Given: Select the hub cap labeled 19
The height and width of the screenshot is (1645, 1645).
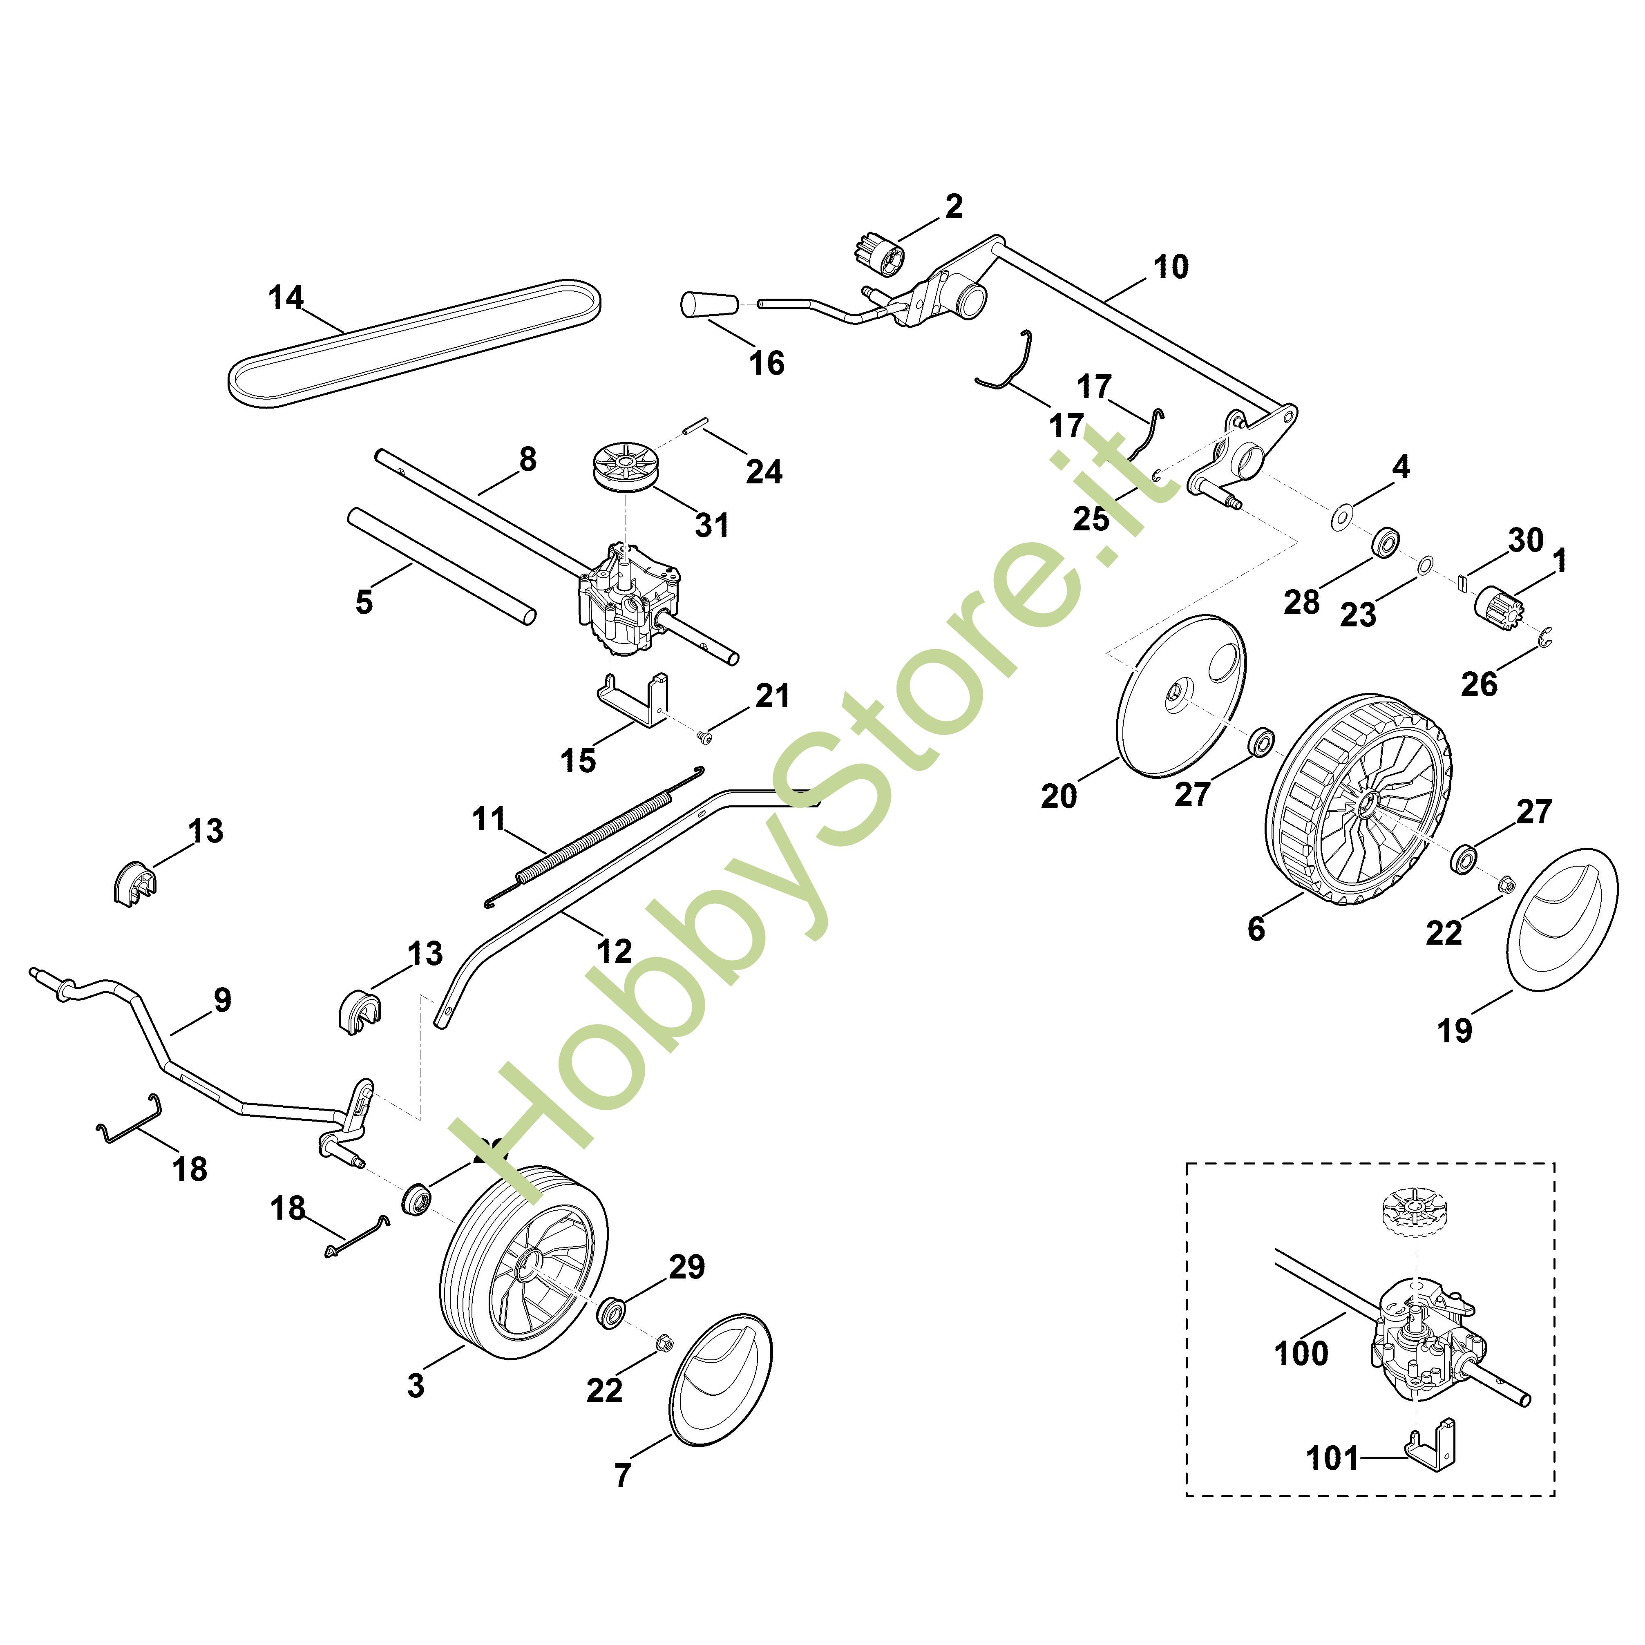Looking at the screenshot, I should (x=1562, y=920).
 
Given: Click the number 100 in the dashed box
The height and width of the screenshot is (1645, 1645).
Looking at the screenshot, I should (x=1300, y=1353).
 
